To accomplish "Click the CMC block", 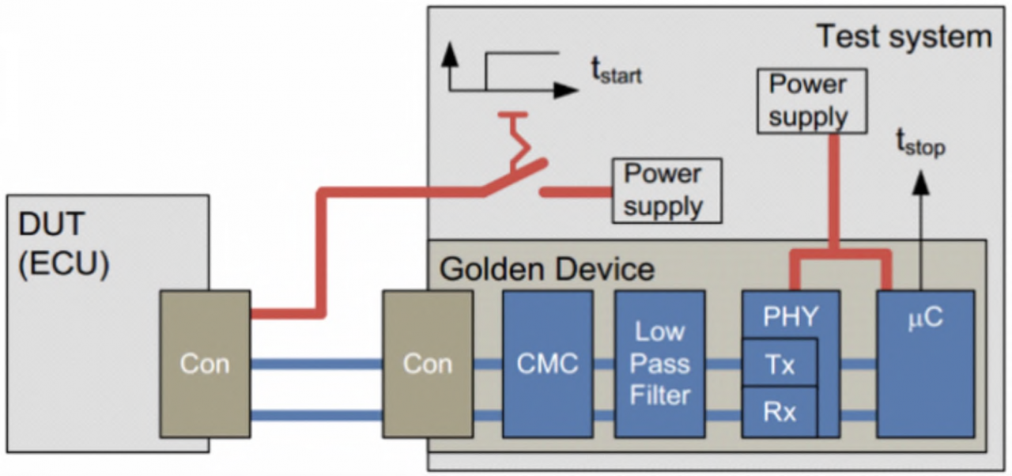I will (x=547, y=364).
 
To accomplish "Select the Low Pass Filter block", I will (x=659, y=364).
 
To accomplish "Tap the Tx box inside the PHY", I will (x=779, y=364).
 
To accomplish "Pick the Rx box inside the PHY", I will (x=779, y=412).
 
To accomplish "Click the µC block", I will (x=925, y=364).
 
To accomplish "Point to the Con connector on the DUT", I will (x=205, y=364).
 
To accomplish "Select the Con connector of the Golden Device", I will (x=428, y=364).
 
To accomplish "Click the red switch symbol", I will (x=514, y=174).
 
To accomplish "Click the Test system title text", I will (x=903, y=36).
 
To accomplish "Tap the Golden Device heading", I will (x=547, y=269).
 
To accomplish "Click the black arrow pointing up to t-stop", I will (x=919, y=229).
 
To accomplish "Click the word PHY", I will (x=790, y=317).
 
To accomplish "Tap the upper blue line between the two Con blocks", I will (x=316, y=365).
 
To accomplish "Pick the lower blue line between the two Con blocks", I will (x=316, y=415).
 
